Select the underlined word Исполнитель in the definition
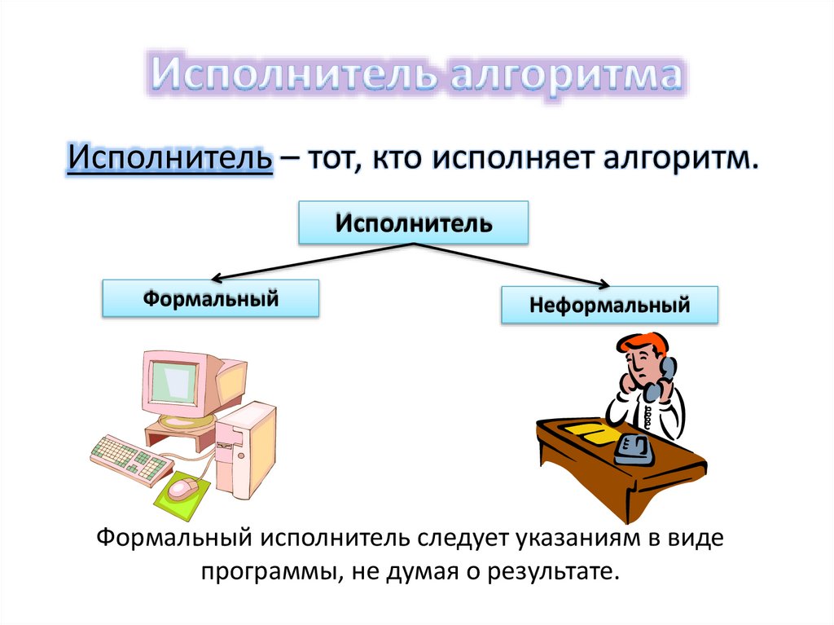(x=169, y=156)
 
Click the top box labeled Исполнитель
(x=414, y=222)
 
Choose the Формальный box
(x=210, y=298)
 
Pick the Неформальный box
(x=609, y=306)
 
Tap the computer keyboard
(x=130, y=459)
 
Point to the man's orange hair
(x=643, y=341)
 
